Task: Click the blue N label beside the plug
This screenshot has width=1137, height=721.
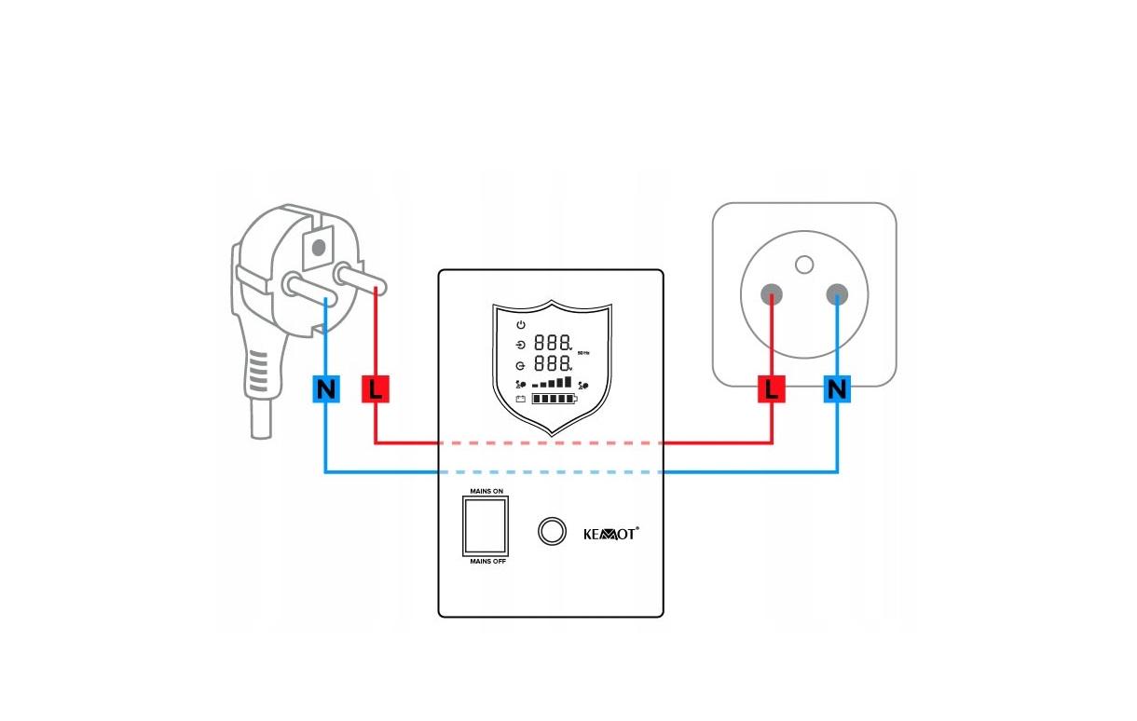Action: click(x=325, y=389)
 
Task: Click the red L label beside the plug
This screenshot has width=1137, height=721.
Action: click(x=375, y=389)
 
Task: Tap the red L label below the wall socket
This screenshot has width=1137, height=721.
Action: click(x=772, y=389)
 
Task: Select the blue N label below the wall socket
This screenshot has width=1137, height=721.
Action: click(x=837, y=389)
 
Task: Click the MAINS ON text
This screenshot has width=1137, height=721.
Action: click(x=486, y=490)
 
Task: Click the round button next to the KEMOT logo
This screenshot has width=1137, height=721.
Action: click(x=552, y=531)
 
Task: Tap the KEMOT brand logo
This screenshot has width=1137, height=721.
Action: click(x=610, y=533)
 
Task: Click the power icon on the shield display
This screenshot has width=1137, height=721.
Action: click(x=521, y=324)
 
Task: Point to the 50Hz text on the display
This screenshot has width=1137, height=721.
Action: click(x=584, y=353)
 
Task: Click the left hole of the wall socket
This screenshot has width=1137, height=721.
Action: click(x=772, y=296)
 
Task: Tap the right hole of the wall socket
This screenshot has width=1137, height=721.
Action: click(x=837, y=296)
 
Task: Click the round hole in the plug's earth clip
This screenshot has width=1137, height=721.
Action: click(x=319, y=247)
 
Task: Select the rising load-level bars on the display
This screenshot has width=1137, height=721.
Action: click(x=553, y=382)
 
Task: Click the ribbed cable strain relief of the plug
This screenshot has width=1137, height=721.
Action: click(x=258, y=376)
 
